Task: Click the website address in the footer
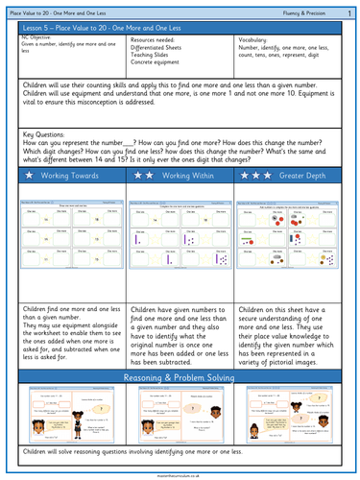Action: tap(180, 473)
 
